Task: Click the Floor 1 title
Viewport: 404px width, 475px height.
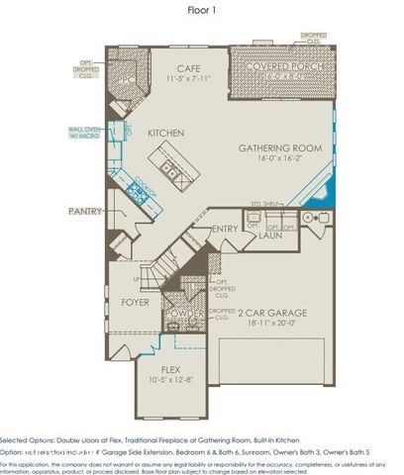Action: point(202,12)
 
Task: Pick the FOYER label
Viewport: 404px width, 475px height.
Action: point(135,301)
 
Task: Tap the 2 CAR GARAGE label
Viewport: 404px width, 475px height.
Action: point(276,312)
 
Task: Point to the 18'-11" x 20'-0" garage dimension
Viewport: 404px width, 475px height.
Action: point(276,323)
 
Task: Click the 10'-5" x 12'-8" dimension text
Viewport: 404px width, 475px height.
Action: point(171,379)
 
